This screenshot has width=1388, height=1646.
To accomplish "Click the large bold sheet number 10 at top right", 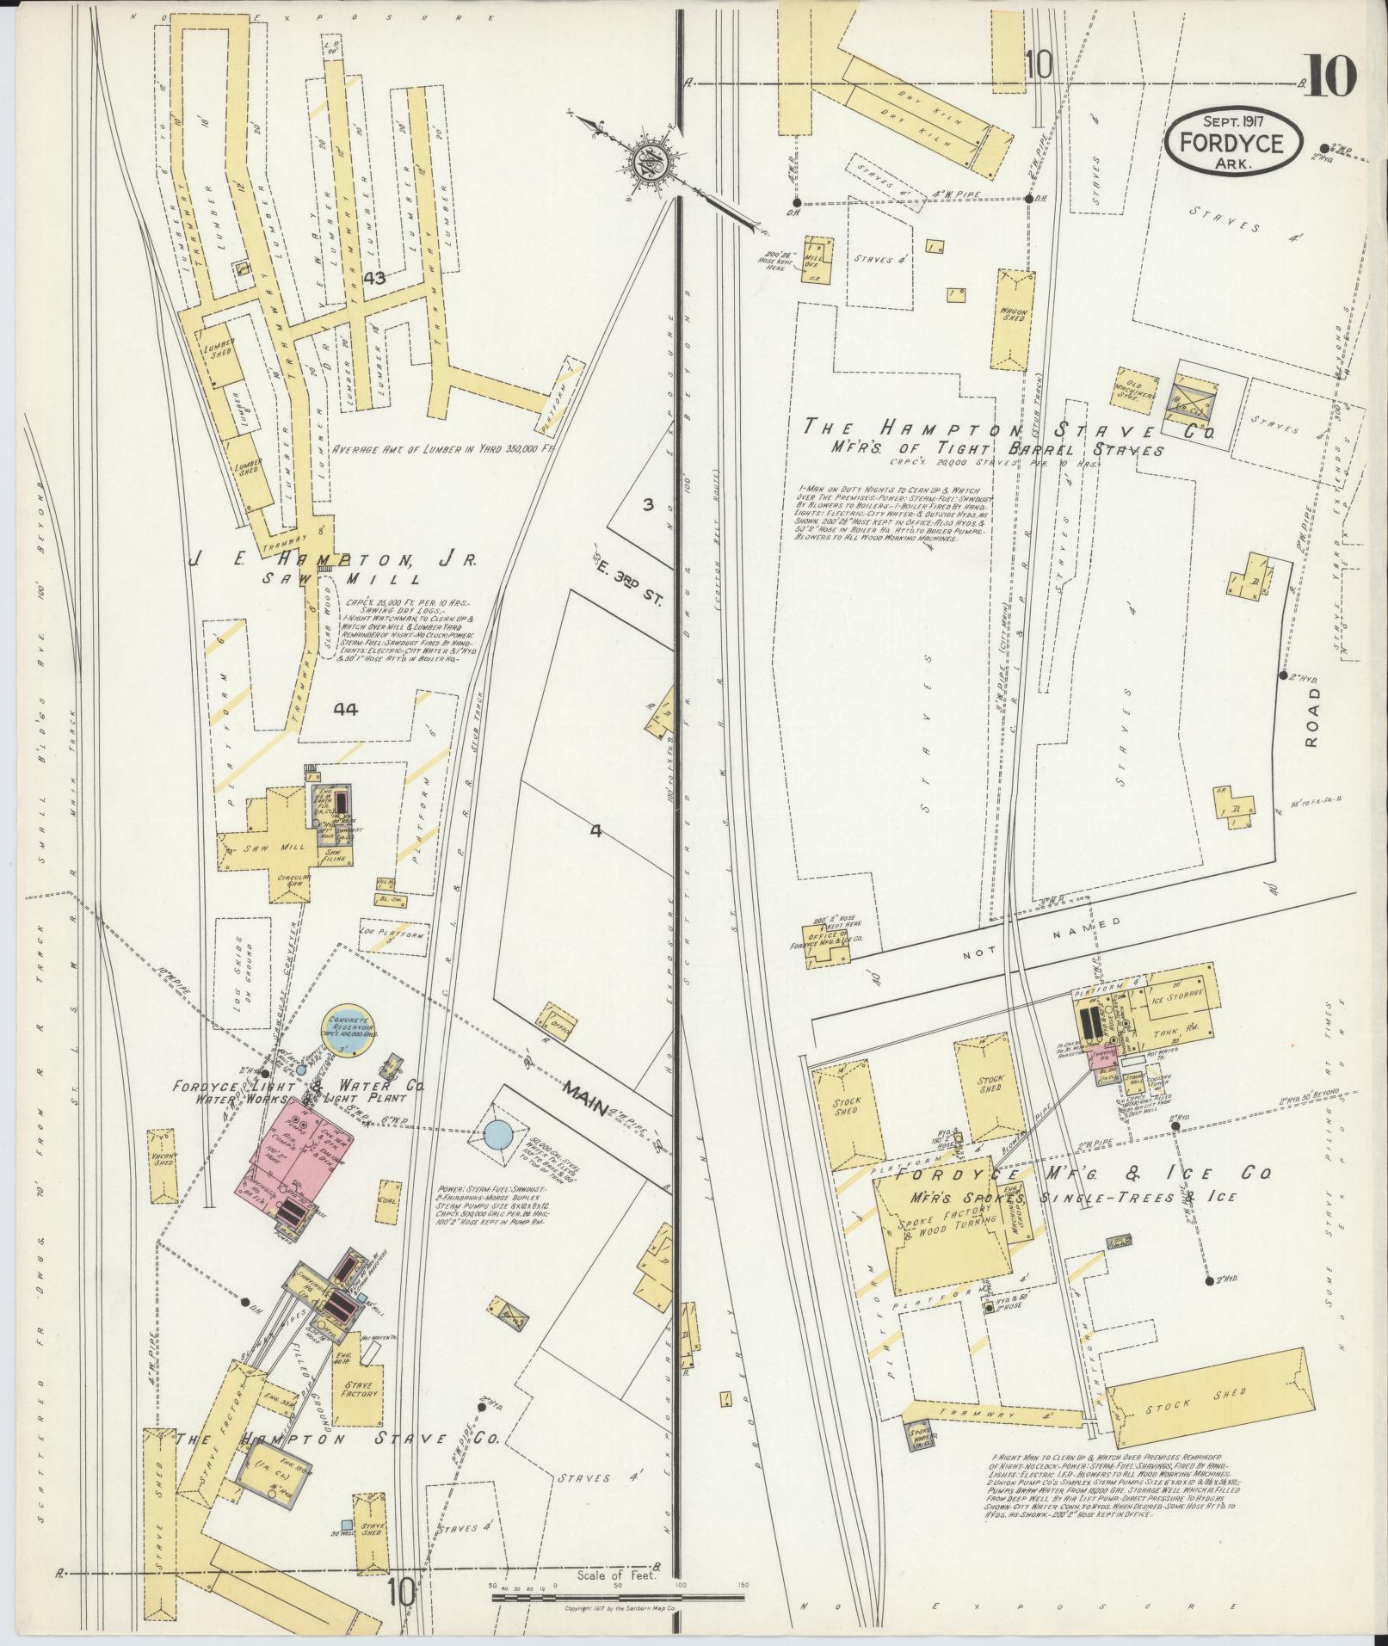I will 1329,77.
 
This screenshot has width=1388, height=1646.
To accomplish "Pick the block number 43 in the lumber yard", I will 374,278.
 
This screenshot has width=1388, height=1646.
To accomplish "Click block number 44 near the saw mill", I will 346,709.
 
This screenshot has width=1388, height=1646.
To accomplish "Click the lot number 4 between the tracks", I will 595,831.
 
